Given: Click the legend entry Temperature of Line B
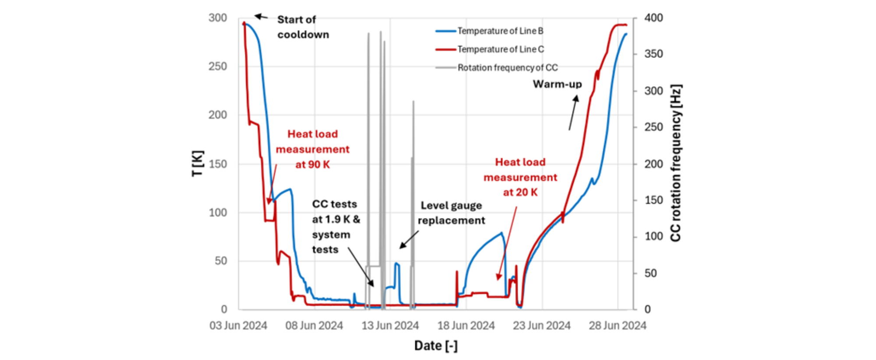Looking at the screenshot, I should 500,31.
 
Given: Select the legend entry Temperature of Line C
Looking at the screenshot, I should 501,49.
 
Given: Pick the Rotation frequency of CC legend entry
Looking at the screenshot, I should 507,68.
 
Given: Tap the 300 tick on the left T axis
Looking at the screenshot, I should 218,18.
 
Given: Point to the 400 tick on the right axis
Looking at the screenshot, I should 653,18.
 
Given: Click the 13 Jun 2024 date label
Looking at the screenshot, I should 390,326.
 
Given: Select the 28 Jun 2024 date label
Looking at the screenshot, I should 617,326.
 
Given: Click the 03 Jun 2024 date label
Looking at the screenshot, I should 238,326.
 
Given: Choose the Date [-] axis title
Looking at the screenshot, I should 436,346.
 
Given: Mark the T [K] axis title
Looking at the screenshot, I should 198,164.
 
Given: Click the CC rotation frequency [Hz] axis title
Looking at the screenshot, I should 676,163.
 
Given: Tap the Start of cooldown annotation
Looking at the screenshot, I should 302,27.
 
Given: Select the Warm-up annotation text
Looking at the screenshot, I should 557,84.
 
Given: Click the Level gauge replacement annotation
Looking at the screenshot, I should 451,213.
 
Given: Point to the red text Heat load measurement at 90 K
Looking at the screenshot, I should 312,149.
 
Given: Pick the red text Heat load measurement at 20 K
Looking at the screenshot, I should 520,177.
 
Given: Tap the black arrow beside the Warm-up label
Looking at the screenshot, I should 573,113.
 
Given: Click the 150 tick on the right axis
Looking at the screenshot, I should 653,200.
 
